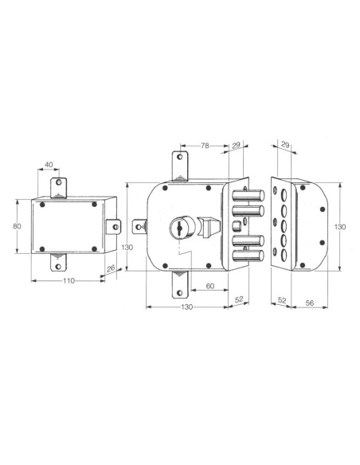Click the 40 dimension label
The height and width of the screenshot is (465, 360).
tap(49, 165)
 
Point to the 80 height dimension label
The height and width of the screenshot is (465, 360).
tap(17, 226)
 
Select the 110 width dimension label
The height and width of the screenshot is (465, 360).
tap(68, 280)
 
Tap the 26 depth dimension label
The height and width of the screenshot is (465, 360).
tap(111, 268)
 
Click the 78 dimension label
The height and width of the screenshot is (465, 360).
tap(205, 146)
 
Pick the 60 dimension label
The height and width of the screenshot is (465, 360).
tap(210, 286)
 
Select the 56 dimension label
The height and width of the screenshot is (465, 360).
tap(310, 303)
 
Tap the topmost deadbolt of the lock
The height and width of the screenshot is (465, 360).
tap(248, 196)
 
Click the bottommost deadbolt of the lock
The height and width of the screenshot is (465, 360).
tap(248, 256)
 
